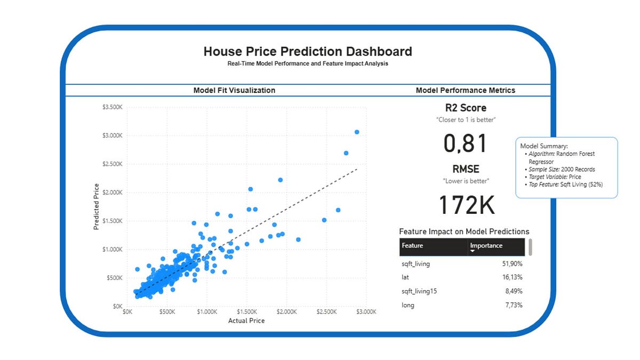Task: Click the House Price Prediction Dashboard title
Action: pos(308,52)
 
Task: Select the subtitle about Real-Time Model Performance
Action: pos(308,63)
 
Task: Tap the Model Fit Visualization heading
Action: pos(234,91)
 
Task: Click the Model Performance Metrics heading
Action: pos(465,91)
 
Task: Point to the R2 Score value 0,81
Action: pos(465,144)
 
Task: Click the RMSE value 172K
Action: pos(466,205)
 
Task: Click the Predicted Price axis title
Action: pos(97,206)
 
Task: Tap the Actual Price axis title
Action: pos(246,321)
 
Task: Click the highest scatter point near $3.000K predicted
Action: pos(357,132)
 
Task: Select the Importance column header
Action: pos(486,246)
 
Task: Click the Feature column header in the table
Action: pos(412,246)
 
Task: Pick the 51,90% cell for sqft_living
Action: pos(510,263)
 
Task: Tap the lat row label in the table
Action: pos(405,277)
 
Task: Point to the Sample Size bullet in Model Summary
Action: pos(561,169)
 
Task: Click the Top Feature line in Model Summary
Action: pos(564,184)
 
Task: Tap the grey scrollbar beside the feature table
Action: pos(530,247)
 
